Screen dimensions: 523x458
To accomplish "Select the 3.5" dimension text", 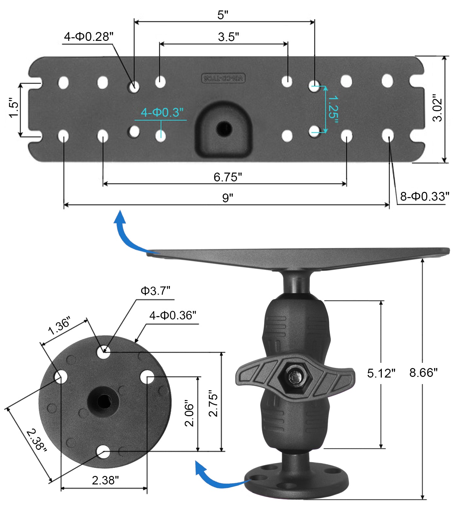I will [228, 37].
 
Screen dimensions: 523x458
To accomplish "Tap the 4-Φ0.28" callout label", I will [88, 37].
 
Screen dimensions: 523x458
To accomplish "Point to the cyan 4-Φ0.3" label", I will [162, 112].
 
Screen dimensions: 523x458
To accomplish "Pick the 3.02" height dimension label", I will [437, 108].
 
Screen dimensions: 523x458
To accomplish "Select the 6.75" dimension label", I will [228, 177].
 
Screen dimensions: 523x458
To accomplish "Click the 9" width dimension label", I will [228, 198].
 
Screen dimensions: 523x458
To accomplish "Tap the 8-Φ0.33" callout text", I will [425, 196].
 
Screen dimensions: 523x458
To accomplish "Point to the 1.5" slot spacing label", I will [14, 108].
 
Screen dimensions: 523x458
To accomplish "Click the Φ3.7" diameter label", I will [155, 291].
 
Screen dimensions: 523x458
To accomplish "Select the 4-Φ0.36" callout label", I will [173, 315].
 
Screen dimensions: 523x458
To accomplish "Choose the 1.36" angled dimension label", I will [59, 326].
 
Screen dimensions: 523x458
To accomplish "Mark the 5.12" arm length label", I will [381, 373].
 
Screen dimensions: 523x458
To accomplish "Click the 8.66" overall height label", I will [423, 373].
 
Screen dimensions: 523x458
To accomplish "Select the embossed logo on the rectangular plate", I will [223, 78].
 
